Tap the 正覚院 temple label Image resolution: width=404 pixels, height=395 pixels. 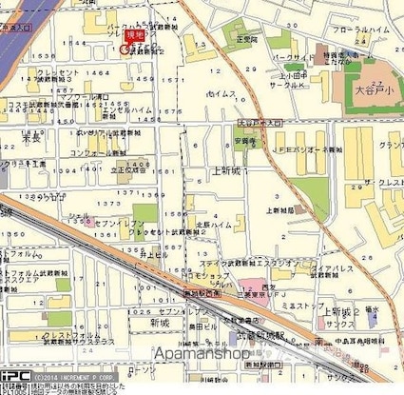pos(247,41)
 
